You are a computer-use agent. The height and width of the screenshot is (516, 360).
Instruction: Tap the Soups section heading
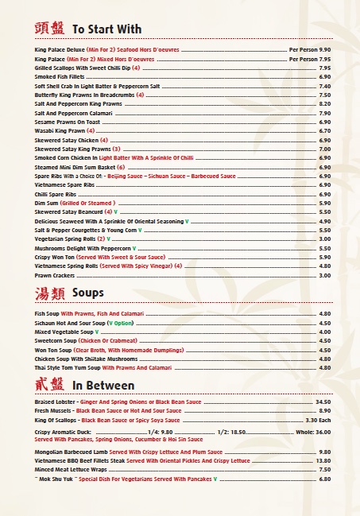coord(87,293)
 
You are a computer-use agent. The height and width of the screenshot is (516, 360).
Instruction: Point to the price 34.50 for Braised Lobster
coord(323,402)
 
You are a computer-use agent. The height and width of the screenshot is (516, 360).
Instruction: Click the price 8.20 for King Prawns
coord(324,103)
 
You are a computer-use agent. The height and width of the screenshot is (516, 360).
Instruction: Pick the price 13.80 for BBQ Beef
coord(323,460)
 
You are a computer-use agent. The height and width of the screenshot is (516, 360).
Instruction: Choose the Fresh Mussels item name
coord(54,410)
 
